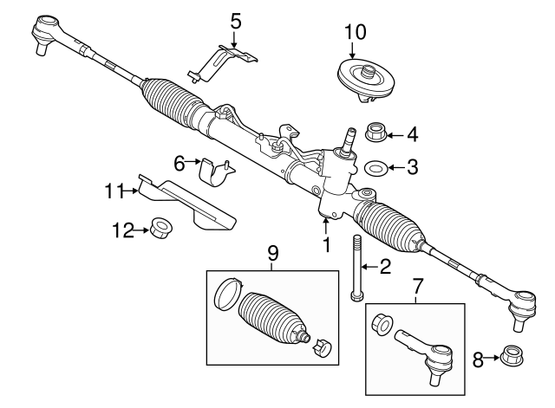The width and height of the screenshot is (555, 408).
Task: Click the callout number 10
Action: [356, 32]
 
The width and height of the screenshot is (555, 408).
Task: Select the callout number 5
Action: [236, 19]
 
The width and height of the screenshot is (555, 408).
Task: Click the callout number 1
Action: [327, 245]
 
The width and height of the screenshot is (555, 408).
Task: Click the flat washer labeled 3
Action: [377, 166]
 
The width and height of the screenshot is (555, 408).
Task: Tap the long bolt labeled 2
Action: [356, 268]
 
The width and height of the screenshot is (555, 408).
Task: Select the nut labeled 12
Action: [160, 230]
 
